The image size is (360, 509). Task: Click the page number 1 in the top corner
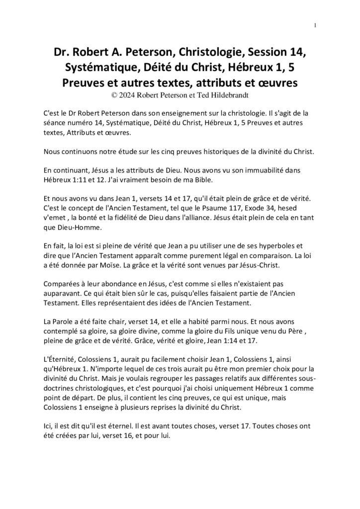(316, 26)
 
